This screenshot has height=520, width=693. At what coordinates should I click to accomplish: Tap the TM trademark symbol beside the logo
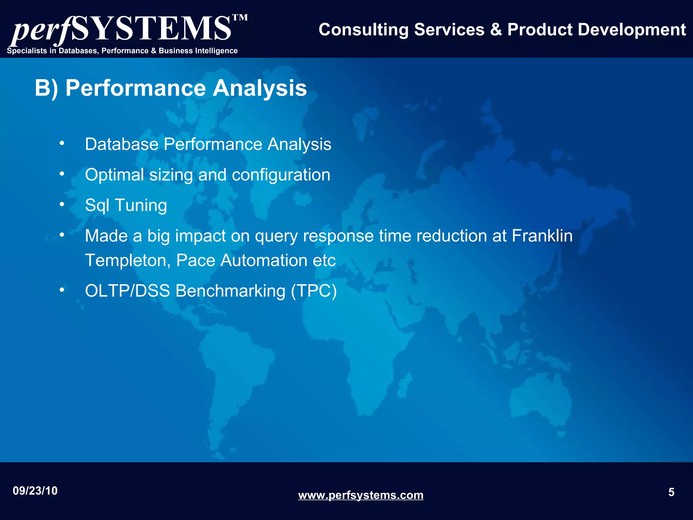pyautogui.click(x=240, y=18)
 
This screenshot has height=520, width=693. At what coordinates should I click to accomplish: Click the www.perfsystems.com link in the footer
pyautogui.click(x=361, y=495)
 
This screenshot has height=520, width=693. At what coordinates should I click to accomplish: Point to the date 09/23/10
pyautogui.click(x=35, y=491)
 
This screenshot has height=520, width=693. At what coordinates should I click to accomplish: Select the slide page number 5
pyautogui.click(x=671, y=492)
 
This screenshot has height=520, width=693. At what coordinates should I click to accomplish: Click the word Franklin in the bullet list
pyautogui.click(x=542, y=236)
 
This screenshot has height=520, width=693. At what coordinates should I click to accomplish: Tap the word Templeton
pyautogui.click(x=128, y=261)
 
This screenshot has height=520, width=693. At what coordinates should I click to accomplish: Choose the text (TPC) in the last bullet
pyautogui.click(x=314, y=291)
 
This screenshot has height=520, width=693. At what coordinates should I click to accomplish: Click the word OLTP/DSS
pyautogui.click(x=127, y=291)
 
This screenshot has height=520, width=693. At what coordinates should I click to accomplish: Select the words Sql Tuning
pyautogui.click(x=126, y=205)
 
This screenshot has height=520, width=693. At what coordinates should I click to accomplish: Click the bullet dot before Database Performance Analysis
pyautogui.click(x=62, y=144)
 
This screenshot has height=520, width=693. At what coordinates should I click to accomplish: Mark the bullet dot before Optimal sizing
pyautogui.click(x=62, y=174)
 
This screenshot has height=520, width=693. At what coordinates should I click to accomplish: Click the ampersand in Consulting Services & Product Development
pyautogui.click(x=496, y=30)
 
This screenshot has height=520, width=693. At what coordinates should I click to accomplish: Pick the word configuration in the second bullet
pyautogui.click(x=281, y=175)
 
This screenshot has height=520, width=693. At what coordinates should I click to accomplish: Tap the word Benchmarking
pyautogui.click(x=230, y=291)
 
